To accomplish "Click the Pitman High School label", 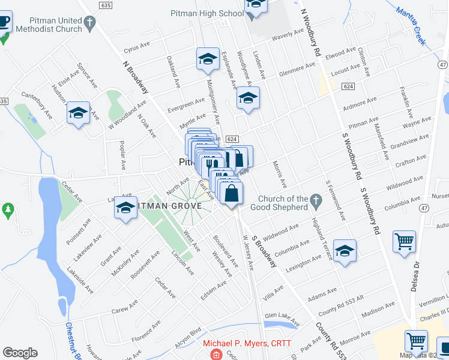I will point(206,13).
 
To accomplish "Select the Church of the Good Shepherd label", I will point(283,203).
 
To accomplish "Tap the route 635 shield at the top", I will point(106,5).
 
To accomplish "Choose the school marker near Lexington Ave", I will point(345,252).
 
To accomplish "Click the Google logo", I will point(20,353).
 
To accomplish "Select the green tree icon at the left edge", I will point(7,211).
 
